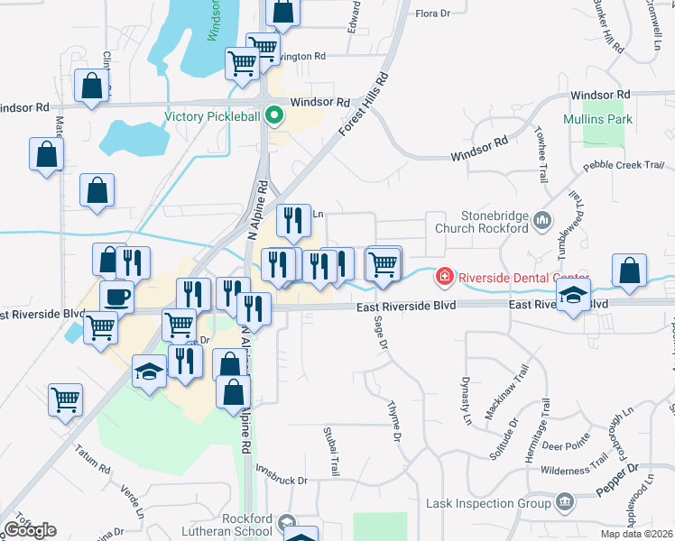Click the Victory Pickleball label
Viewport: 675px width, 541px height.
(x=211, y=116)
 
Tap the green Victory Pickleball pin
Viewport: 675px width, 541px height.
(x=277, y=116)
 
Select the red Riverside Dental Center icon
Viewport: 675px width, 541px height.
(x=445, y=276)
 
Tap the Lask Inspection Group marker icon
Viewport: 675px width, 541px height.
(x=566, y=500)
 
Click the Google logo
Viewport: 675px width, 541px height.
(x=31, y=530)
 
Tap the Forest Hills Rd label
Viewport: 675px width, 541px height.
(x=364, y=105)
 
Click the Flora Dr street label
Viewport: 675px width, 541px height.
(x=432, y=14)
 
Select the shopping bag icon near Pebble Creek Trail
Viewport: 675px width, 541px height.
(x=629, y=270)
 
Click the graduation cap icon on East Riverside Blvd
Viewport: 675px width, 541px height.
(x=573, y=296)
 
